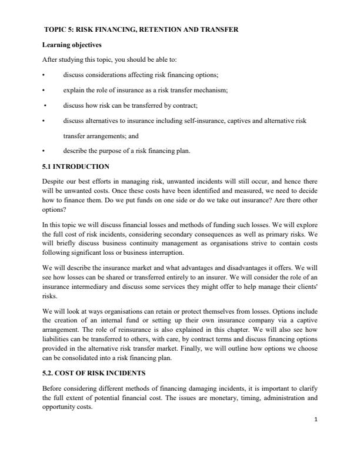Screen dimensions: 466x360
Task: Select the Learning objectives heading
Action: tap(70, 44)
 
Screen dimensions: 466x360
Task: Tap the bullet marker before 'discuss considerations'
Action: tap(44, 75)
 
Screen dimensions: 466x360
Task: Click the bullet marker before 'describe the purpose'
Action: tap(44, 151)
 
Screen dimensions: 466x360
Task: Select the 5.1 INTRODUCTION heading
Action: tap(76, 167)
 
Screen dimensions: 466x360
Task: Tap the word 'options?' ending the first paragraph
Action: tap(55, 209)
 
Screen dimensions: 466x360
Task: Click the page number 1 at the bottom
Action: tap(316, 419)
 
